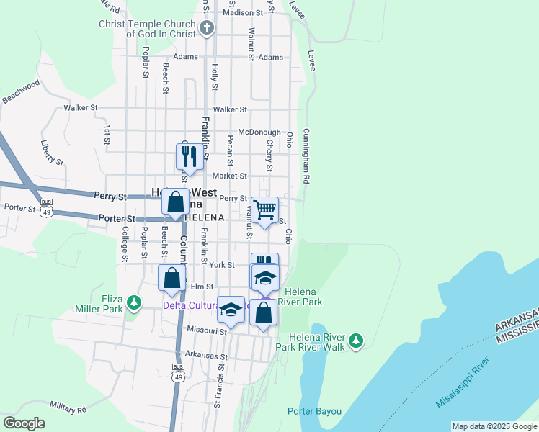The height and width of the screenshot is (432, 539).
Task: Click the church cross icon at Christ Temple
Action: (207, 29)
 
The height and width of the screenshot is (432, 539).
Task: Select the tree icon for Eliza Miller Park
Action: (133, 303)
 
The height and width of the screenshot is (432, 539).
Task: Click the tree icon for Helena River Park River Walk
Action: (355, 341)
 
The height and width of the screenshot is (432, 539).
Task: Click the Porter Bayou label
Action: (314, 412)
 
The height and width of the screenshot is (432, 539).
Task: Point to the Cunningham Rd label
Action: (306, 156)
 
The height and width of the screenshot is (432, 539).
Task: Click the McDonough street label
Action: (259, 132)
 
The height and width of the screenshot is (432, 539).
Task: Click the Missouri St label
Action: (207, 331)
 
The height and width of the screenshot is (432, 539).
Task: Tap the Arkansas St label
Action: (206, 356)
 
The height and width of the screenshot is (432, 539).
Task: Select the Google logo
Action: (24, 423)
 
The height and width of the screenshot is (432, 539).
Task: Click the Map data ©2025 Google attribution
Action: (494, 426)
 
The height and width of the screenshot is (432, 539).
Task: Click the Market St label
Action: (229, 176)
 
